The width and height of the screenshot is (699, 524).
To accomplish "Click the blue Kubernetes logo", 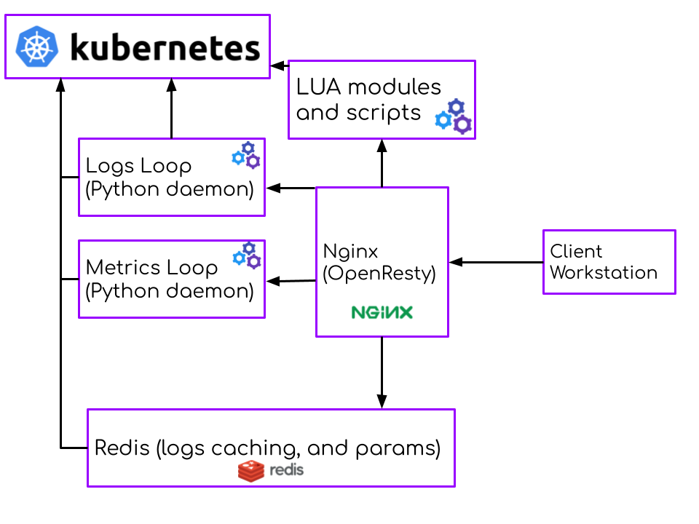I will [x=37, y=47].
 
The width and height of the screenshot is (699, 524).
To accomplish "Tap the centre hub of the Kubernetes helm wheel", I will [x=37, y=47].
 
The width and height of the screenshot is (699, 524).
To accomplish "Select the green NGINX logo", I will [x=382, y=312].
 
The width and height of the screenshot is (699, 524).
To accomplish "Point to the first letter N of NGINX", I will [x=358, y=312].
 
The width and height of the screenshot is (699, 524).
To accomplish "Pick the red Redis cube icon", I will [x=251, y=471].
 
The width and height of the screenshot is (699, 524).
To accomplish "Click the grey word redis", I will [x=286, y=470].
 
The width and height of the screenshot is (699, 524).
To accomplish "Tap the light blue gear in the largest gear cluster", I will [x=443, y=120].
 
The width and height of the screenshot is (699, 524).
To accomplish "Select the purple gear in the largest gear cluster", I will [x=462, y=125].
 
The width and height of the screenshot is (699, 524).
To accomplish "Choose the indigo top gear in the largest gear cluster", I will [x=457, y=107].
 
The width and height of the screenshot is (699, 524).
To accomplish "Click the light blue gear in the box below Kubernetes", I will [x=237, y=158].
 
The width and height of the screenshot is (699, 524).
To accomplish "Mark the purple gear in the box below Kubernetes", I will [x=253, y=162].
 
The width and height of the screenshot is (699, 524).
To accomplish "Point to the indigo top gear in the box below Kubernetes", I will [x=248, y=148].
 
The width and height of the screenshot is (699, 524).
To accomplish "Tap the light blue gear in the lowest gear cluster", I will [x=239, y=258].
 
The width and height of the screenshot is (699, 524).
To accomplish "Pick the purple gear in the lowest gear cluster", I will [x=254, y=261].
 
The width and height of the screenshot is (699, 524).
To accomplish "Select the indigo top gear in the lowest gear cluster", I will [x=249, y=248].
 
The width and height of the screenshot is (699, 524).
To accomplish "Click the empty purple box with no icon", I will [x=609, y=262].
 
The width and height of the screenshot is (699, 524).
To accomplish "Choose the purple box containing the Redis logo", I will [x=271, y=437].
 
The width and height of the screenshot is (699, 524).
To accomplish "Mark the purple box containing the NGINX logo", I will [x=382, y=247].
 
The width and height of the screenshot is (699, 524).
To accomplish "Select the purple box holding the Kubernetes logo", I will [x=160, y=47].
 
